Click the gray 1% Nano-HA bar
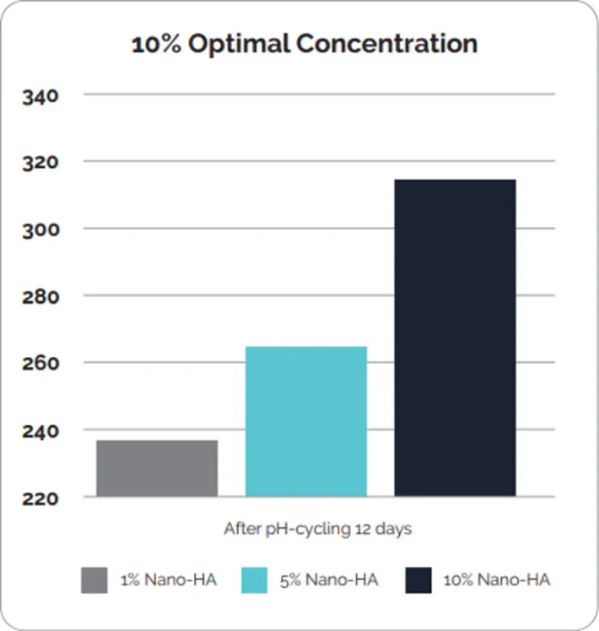point(157,468)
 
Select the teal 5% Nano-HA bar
point(306,421)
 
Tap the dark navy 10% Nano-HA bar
point(456,337)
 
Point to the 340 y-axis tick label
point(40,96)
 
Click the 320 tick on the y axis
point(40,162)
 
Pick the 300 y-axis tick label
point(40,229)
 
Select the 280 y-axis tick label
point(40,297)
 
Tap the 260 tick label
point(40,364)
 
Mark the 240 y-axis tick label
point(40,431)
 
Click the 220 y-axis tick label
point(40,498)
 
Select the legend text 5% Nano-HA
point(328,580)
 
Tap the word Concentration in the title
point(383,45)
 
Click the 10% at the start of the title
point(155,45)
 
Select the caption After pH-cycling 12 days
point(317,530)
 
